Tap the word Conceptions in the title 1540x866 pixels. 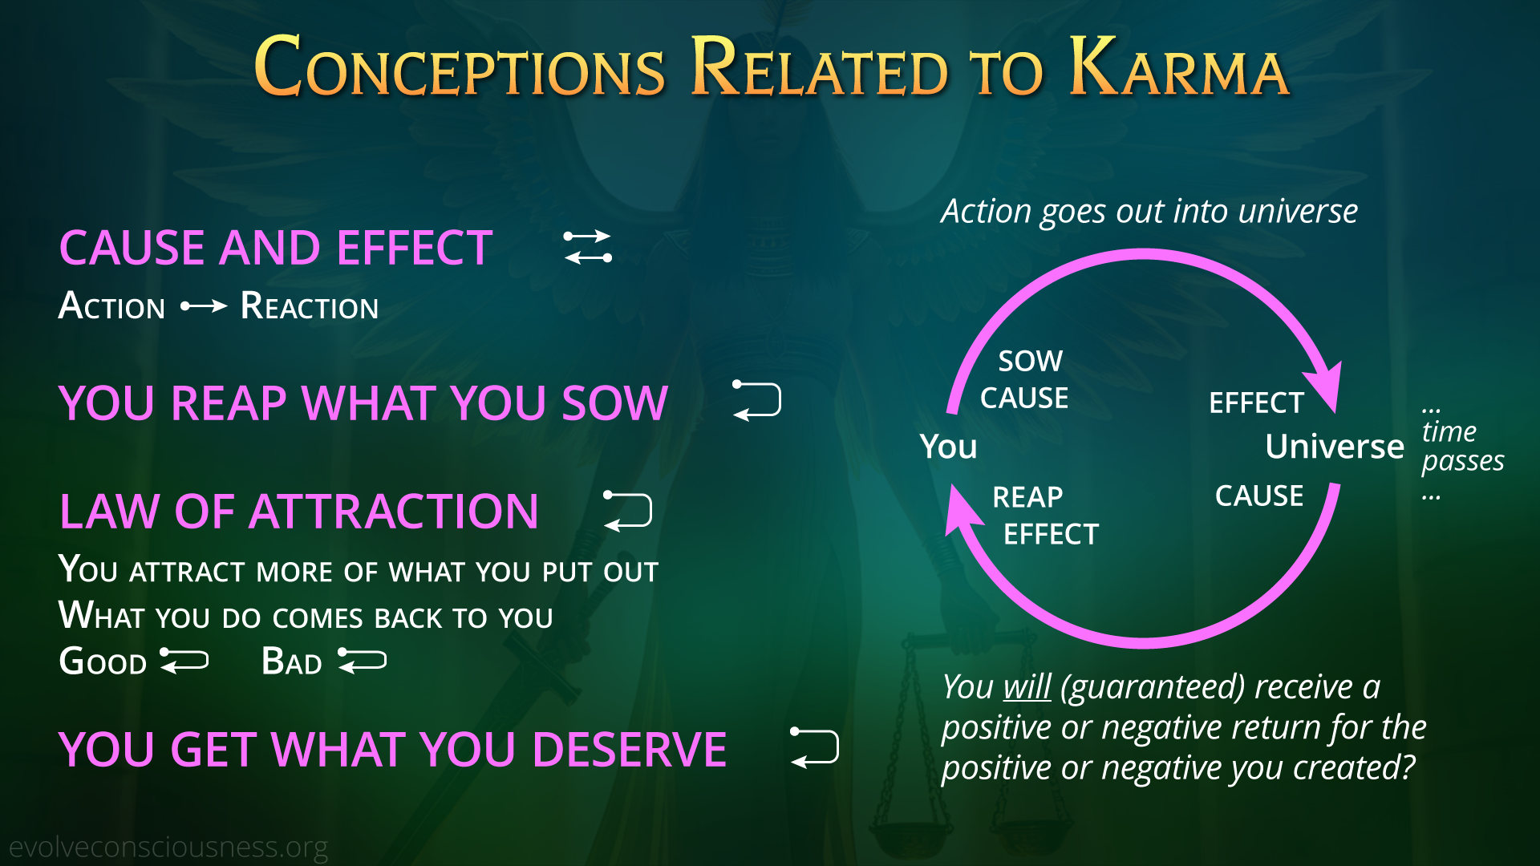(460, 67)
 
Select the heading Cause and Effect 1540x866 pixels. (276, 247)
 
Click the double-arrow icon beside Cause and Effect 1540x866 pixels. (588, 247)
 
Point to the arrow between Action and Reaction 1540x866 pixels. (204, 306)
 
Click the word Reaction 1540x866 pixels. (310, 306)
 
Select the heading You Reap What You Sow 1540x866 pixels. (363, 403)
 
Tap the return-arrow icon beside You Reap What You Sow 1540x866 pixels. (757, 400)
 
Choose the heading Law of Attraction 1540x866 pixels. (299, 512)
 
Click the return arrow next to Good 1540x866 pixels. (184, 661)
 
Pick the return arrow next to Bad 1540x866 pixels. (363, 661)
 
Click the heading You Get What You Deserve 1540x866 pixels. (393, 750)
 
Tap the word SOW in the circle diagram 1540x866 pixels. (1031, 362)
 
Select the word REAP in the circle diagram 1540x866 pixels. (1027, 497)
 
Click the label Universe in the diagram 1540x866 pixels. (1335, 447)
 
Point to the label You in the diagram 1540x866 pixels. (949, 447)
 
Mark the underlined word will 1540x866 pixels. (1027, 687)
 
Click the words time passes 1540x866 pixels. (1463, 446)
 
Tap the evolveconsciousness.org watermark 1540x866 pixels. (168, 848)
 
